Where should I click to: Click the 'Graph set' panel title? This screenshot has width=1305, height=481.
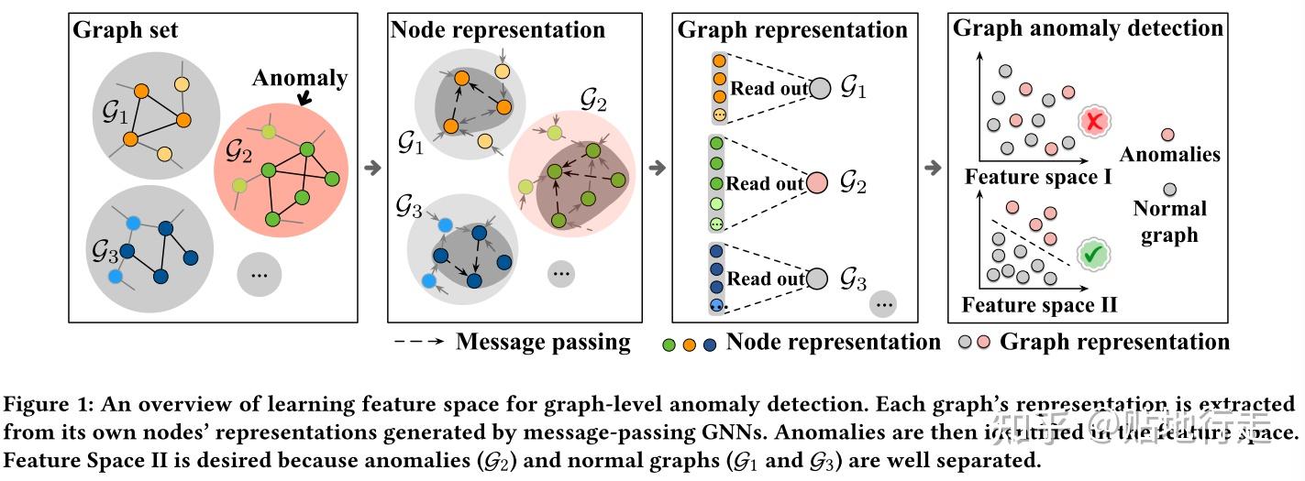coord(127,29)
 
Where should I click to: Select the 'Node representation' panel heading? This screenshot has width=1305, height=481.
coord(498,29)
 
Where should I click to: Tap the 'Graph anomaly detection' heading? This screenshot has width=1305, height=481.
coord(1089,28)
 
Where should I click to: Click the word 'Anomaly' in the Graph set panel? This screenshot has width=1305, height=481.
coord(300,79)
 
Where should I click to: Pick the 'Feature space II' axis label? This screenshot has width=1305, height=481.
coord(1038,303)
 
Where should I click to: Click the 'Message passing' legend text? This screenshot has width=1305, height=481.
coord(543,343)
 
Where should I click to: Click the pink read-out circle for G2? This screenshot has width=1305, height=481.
coord(818,183)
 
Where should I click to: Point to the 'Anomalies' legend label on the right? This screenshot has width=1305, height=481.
coord(1169,154)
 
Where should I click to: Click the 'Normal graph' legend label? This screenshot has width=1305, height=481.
coord(1169,221)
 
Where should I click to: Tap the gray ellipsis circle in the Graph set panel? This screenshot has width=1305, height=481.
coord(260,274)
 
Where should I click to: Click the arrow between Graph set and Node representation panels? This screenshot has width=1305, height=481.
coord(373,168)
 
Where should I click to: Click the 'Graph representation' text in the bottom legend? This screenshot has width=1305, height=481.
coord(1114,343)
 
